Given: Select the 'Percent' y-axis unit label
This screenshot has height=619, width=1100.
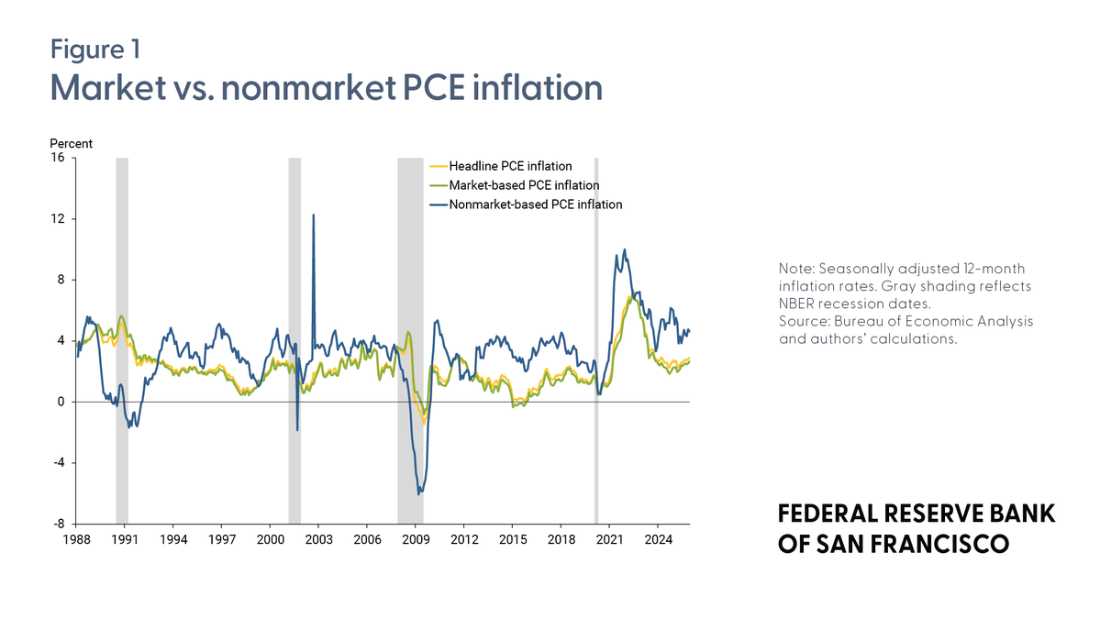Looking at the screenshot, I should pyautogui.click(x=71, y=143).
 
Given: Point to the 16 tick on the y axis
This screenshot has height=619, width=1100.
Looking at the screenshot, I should pyautogui.click(x=57, y=158).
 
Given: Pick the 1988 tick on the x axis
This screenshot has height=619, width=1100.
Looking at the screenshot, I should pyautogui.click(x=76, y=540).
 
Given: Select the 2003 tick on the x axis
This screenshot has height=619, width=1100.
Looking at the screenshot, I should pyautogui.click(x=318, y=540).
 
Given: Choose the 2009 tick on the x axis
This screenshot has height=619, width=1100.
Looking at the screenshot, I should pyautogui.click(x=416, y=540).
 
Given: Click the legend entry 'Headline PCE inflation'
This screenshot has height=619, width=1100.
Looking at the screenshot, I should pyautogui.click(x=509, y=166).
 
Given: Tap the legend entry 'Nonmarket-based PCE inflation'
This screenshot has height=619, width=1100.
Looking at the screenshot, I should pyautogui.click(x=535, y=204).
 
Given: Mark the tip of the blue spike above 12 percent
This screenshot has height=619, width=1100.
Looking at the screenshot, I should pyautogui.click(x=314, y=215).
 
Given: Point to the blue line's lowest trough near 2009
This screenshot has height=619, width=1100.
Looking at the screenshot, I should pyautogui.click(x=419, y=493).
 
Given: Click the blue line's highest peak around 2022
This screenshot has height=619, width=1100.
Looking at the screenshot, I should pyautogui.click(x=625, y=249).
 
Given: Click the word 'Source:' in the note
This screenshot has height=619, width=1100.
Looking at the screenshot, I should pyautogui.click(x=805, y=321).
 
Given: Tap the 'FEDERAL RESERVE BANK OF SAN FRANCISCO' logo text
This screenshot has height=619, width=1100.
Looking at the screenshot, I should pyautogui.click(x=916, y=528).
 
